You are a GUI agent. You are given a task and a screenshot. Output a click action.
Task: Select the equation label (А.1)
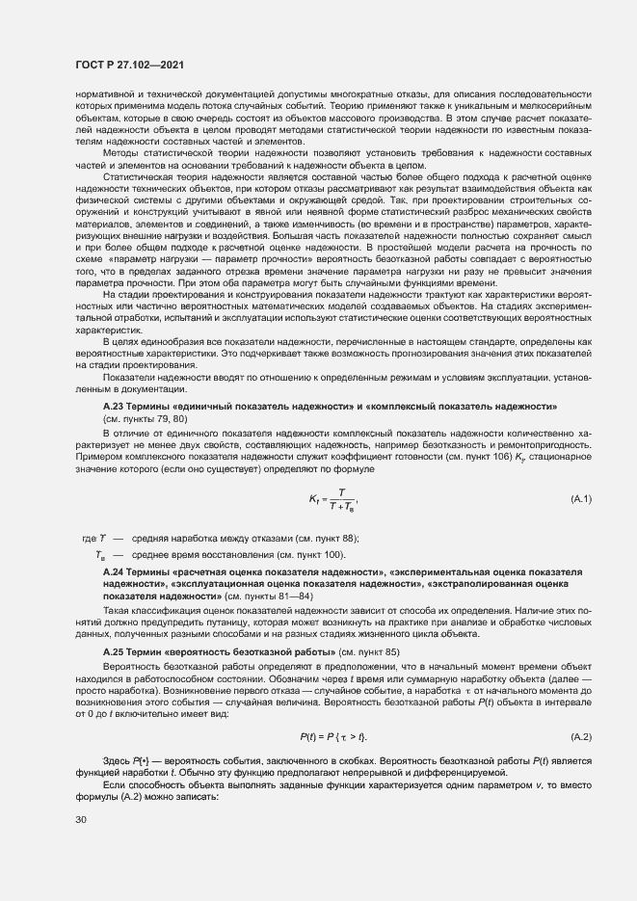tap(581, 498)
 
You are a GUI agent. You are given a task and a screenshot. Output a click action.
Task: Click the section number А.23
tap(115, 408)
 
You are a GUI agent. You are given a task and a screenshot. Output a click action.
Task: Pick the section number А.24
tap(115, 572)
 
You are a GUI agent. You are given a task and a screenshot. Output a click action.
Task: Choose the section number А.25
tap(115, 652)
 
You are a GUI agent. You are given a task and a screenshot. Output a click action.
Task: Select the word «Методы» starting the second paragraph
tap(121, 153)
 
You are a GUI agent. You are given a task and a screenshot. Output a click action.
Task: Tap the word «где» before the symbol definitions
tap(91, 538)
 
